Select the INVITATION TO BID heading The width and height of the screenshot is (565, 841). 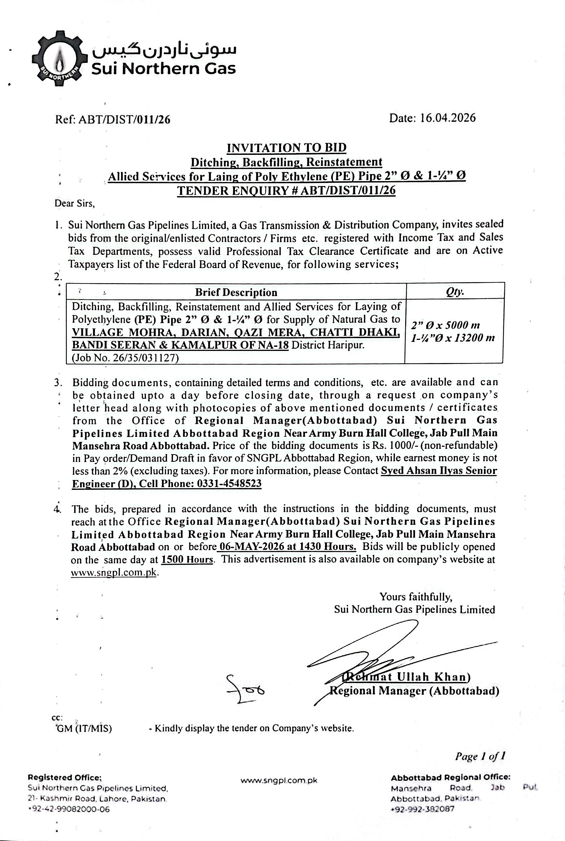286,147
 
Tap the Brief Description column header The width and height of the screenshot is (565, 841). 236,292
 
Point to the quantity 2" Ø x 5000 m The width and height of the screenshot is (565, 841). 445,325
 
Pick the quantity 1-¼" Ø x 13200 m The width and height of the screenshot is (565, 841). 453,338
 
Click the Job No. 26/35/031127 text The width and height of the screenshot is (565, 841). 125,358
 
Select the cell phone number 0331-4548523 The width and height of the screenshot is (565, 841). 229,483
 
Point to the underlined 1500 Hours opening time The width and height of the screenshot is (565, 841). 187,559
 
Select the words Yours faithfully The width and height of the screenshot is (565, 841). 416,597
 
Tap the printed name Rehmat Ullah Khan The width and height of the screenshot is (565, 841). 406,677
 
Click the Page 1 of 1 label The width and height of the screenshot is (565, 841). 480,756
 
